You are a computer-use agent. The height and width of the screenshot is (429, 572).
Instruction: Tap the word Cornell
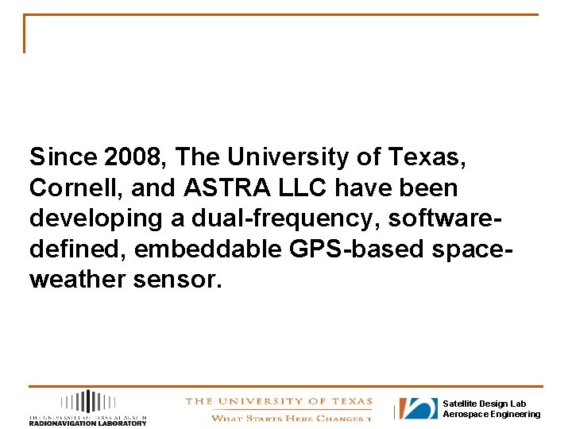click(x=66, y=188)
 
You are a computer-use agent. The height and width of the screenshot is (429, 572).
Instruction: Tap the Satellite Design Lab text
click(x=484, y=404)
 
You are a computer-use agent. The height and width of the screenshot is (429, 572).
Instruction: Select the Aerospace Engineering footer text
click(x=491, y=414)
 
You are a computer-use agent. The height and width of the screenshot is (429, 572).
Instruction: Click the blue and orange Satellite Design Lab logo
click(x=418, y=408)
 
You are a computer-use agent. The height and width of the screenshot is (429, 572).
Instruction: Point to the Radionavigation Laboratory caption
click(x=87, y=423)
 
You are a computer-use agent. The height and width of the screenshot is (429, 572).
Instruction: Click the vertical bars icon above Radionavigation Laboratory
click(x=88, y=401)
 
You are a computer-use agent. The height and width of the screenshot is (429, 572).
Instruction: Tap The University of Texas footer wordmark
click(x=277, y=402)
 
